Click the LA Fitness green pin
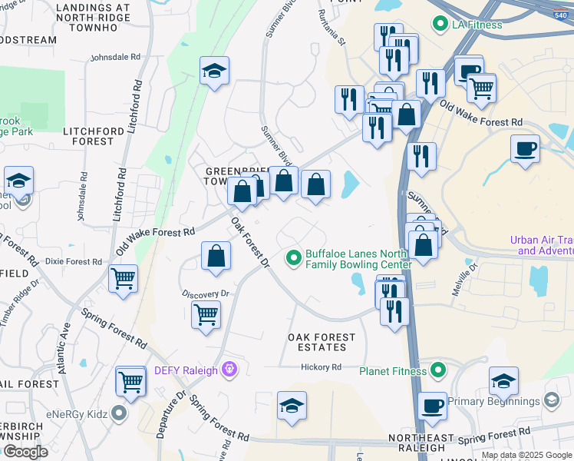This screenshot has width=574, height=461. coord(440,25)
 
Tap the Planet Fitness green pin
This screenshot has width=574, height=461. coord(438,371)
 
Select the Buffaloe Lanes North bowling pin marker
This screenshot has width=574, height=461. coord(293,257)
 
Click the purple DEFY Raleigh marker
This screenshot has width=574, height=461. coord(228,370)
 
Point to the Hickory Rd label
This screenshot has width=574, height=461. coord(321,367)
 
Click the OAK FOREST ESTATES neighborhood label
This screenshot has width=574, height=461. coord(322,342)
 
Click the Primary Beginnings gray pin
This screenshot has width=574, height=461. coord(551,401)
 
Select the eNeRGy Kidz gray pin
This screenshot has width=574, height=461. coord(118,414)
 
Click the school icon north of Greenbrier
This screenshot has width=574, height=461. coord(214,72)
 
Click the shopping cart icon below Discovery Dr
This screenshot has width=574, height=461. coord(206,315)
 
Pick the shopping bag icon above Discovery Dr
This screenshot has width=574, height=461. coord(216,257)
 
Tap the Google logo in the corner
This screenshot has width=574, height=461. coord(25,452)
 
